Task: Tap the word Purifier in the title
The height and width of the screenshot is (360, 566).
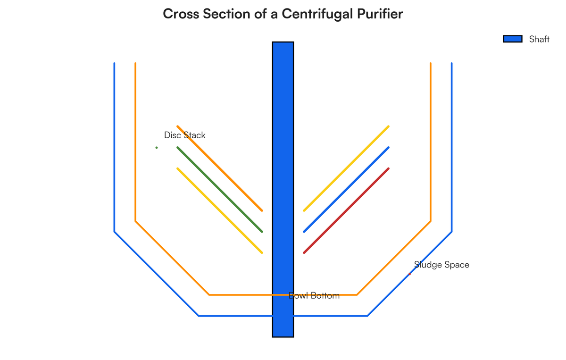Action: (x=380, y=14)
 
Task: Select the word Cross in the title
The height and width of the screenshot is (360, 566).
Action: (x=181, y=14)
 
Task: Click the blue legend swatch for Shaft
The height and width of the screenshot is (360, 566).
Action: (x=513, y=39)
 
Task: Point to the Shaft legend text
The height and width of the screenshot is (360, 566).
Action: (x=539, y=39)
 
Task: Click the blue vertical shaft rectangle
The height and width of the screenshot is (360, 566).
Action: (x=283, y=189)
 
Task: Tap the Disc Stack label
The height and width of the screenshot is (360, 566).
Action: (x=185, y=135)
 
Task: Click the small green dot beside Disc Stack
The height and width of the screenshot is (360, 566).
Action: (x=157, y=148)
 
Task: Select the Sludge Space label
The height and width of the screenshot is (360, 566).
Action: (x=441, y=265)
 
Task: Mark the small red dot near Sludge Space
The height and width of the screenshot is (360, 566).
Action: (x=409, y=274)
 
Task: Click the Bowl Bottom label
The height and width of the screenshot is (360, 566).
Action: (x=314, y=295)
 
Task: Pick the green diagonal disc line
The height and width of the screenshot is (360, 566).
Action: (x=220, y=190)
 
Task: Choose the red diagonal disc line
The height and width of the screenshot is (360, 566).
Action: (x=346, y=210)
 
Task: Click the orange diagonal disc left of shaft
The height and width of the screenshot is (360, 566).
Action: (x=220, y=168)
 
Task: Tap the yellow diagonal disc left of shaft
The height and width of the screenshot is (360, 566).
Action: (x=220, y=210)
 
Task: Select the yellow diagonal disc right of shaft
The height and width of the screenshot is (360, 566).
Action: (x=346, y=168)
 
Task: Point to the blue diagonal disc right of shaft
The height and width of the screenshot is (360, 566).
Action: (x=346, y=190)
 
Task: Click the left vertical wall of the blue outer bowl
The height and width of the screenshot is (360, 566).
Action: (x=115, y=147)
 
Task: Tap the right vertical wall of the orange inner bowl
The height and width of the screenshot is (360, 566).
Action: (x=431, y=142)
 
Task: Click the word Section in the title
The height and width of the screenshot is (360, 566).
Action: (x=227, y=14)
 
